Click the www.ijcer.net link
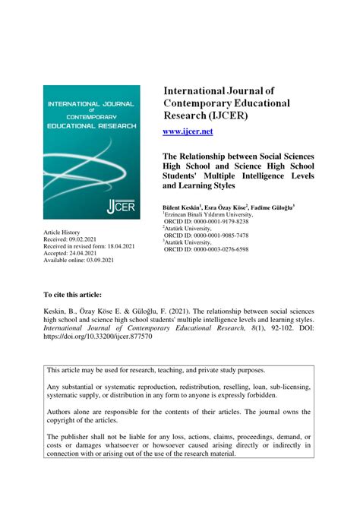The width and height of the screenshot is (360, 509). pyautogui.click(x=188, y=131)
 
